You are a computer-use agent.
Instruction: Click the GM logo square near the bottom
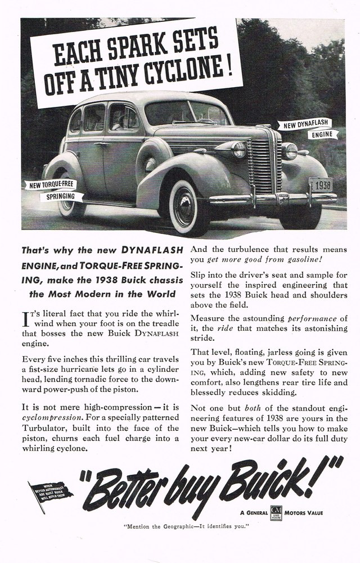click(x=276, y=513)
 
